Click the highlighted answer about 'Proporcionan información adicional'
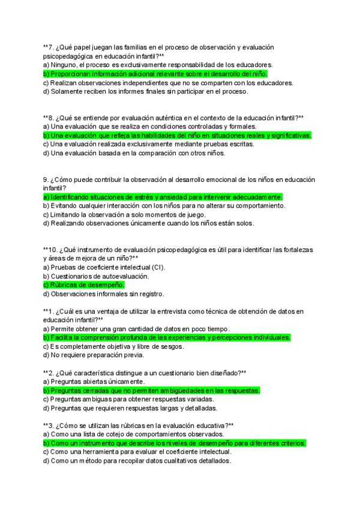[x=155, y=74]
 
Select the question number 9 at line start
[x=46, y=179]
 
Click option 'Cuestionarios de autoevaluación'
[x=95, y=276]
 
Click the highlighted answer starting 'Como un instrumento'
[x=175, y=443]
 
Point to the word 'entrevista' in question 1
[x=174, y=311]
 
